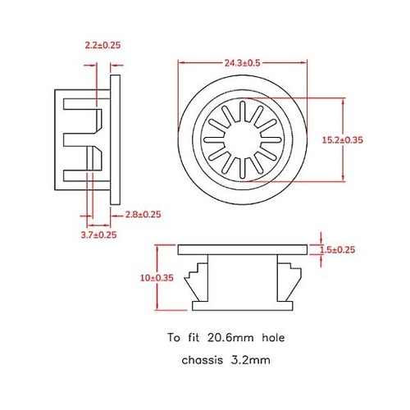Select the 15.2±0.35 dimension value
coord(366,140)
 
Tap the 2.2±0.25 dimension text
coord(102,45)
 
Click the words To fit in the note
coord(184,337)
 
